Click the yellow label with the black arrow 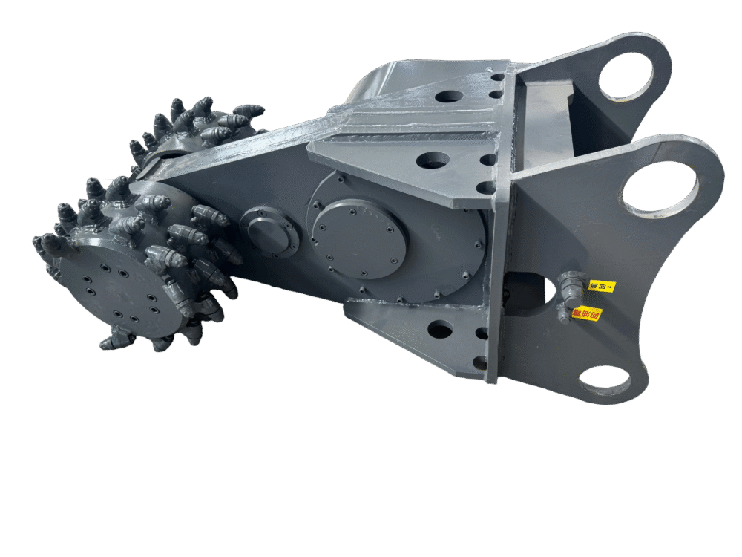pyautogui.click(x=602, y=285)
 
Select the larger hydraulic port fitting pyautogui.click(x=569, y=284)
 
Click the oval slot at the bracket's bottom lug pyautogui.click(x=604, y=379)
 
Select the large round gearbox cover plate pyautogui.click(x=359, y=238)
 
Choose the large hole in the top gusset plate pyautogui.click(x=448, y=97)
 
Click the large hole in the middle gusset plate pyautogui.click(x=433, y=160)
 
